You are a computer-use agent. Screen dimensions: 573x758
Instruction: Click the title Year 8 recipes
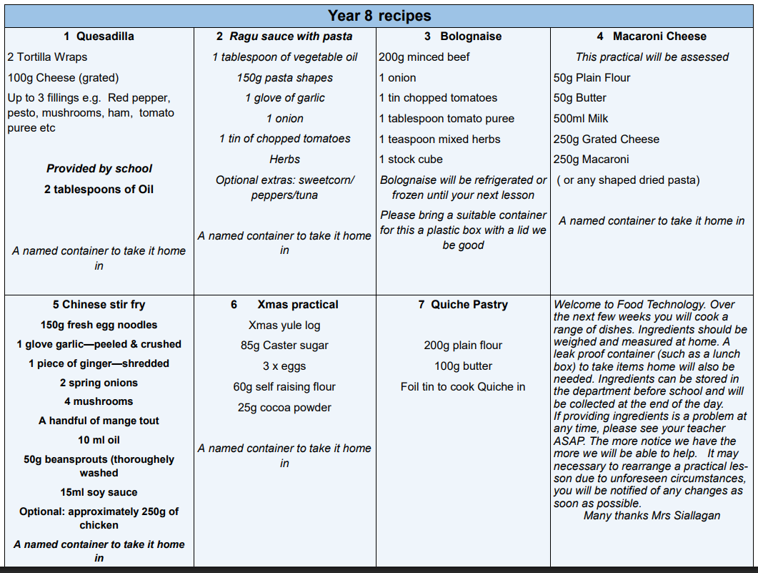pos(379,15)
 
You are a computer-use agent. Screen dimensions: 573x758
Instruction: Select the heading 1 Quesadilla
pos(99,36)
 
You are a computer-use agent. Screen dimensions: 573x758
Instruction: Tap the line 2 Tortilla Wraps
pos(47,57)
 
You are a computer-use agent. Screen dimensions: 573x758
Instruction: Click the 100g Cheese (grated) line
pos(63,77)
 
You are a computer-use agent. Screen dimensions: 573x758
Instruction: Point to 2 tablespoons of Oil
pos(99,190)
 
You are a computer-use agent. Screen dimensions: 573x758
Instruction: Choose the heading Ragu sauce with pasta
pos(291,36)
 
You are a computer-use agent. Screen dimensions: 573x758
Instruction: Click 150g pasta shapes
pos(284,77)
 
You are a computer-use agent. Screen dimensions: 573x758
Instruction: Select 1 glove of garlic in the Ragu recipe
pos(284,98)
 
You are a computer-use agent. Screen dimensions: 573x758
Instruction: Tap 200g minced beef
pos(424,57)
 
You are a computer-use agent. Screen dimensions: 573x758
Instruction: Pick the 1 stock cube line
pos(411,160)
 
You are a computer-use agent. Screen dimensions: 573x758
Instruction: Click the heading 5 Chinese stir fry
pos(99,305)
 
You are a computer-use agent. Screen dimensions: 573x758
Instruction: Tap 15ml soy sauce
pos(99,492)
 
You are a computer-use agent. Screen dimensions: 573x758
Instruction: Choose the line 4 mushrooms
pos(99,402)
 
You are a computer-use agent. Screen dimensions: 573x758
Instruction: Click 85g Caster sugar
pos(284,346)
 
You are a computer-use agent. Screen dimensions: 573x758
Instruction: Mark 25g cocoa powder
pos(284,408)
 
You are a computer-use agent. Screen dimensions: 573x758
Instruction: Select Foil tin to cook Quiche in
pos(463,387)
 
